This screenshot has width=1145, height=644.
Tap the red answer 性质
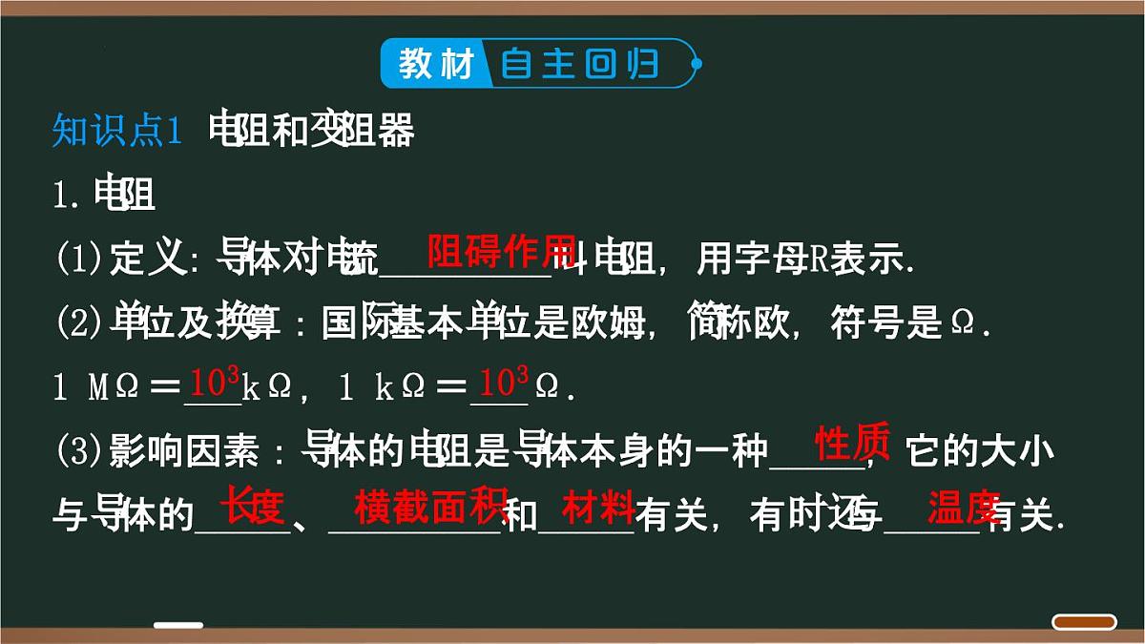click(852, 444)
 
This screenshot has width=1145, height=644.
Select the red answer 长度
click(254, 507)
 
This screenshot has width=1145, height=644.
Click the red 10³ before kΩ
click(215, 384)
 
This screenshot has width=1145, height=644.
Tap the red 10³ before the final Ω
click(504, 384)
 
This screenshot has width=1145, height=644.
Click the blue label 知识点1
click(116, 133)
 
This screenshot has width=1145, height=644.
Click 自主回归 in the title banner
click(580, 64)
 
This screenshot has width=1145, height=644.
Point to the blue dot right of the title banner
click(697, 64)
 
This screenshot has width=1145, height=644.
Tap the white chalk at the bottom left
click(178, 626)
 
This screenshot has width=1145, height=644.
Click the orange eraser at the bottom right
click(1084, 622)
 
